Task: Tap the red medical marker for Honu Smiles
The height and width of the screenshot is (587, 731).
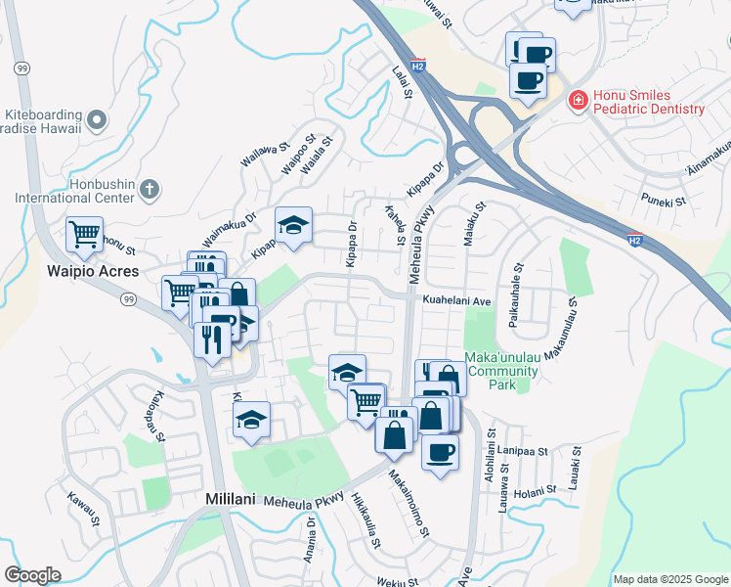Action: [578, 101]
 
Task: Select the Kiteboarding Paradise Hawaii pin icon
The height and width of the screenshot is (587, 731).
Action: [97, 120]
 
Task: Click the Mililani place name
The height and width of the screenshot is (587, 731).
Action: [231, 499]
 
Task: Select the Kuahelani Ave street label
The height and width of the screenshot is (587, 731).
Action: [455, 302]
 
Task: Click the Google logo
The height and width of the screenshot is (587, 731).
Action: [32, 575]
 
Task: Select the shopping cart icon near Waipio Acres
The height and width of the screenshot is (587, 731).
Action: [84, 234]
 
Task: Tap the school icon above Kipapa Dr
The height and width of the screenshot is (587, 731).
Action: [293, 225]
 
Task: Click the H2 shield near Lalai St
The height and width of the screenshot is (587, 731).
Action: [418, 67]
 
